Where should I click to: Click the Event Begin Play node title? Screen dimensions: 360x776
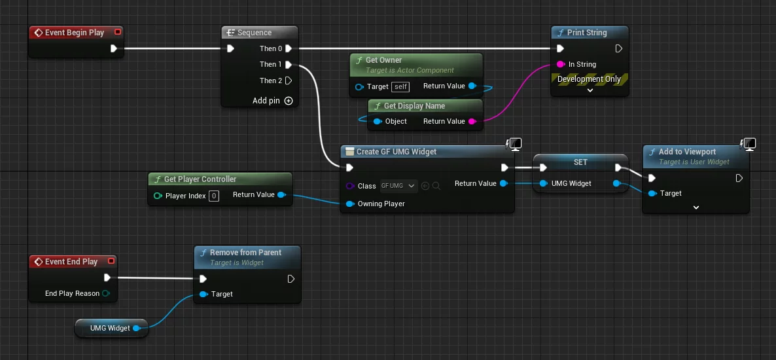(x=74, y=33)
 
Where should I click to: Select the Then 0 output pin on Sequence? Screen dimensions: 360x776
(x=289, y=48)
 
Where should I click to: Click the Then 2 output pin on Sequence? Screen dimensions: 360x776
(x=289, y=81)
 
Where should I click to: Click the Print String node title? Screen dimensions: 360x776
(x=586, y=33)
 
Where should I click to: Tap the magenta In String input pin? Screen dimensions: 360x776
(x=560, y=64)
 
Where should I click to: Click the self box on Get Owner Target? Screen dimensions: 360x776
(x=400, y=86)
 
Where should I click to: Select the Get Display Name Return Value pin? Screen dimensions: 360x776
(x=472, y=121)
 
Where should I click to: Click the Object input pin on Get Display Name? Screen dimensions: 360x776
(x=377, y=121)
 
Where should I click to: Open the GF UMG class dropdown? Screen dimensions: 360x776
(x=398, y=186)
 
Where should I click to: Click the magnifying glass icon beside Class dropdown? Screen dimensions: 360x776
(x=436, y=186)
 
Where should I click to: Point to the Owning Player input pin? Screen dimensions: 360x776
(x=350, y=204)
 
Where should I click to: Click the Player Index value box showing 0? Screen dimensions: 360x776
(x=214, y=196)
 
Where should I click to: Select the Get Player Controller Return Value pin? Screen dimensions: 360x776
(x=281, y=194)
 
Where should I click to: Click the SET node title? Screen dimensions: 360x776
(x=580, y=162)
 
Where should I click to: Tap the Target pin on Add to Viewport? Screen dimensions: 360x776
(x=652, y=193)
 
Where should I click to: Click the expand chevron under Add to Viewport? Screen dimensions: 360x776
(x=696, y=207)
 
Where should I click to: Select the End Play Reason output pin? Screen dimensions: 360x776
(x=106, y=293)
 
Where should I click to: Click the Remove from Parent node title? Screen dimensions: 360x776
(x=245, y=253)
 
